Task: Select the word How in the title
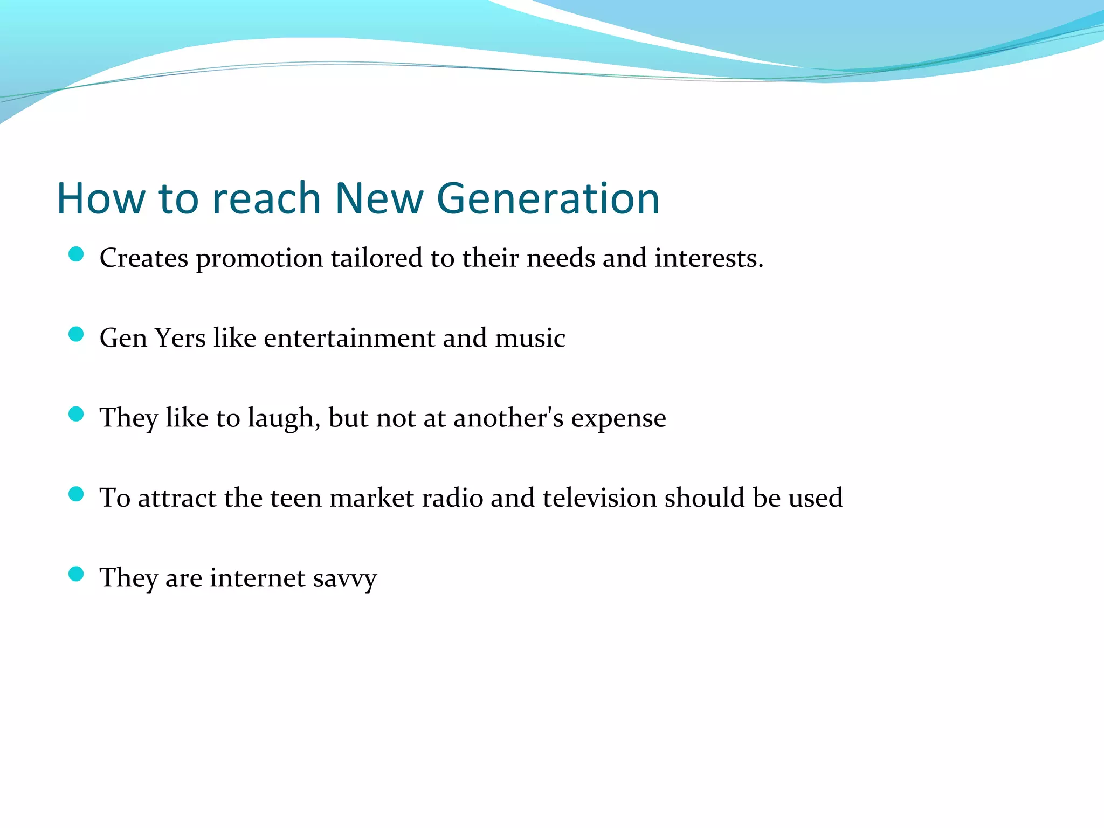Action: pyautogui.click(x=101, y=198)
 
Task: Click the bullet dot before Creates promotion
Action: pyautogui.click(x=76, y=254)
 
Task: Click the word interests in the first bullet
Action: pyautogui.click(x=708, y=258)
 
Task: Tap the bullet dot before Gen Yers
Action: pyautogui.click(x=76, y=334)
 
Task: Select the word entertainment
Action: pyautogui.click(x=349, y=338)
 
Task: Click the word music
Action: pyautogui.click(x=530, y=338)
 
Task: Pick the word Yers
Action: pyautogui.click(x=180, y=338)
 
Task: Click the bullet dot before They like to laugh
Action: pyautogui.click(x=76, y=414)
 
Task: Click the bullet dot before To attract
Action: pyautogui.click(x=76, y=494)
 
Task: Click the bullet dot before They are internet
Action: pyautogui.click(x=76, y=574)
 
